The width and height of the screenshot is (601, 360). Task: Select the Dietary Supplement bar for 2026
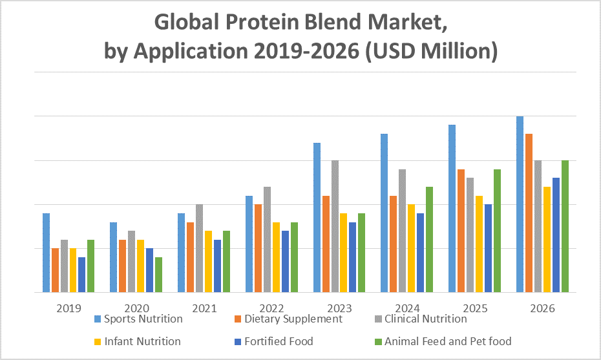(529, 213)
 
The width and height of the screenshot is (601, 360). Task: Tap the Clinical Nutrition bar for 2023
(335, 226)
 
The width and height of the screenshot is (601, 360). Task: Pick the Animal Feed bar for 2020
(158, 275)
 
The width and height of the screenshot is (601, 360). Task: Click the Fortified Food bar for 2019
(81, 275)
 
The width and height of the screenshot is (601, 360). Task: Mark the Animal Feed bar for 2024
(429, 239)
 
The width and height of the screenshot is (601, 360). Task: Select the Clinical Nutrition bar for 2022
(267, 239)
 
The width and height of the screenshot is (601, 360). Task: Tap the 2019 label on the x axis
(69, 308)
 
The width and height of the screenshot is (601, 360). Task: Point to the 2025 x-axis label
(474, 308)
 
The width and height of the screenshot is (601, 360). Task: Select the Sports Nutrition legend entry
(143, 319)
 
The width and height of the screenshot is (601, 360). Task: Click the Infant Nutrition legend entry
(143, 341)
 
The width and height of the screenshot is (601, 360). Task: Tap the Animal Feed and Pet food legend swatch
(379, 341)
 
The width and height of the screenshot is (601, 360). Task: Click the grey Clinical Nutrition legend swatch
(379, 319)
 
